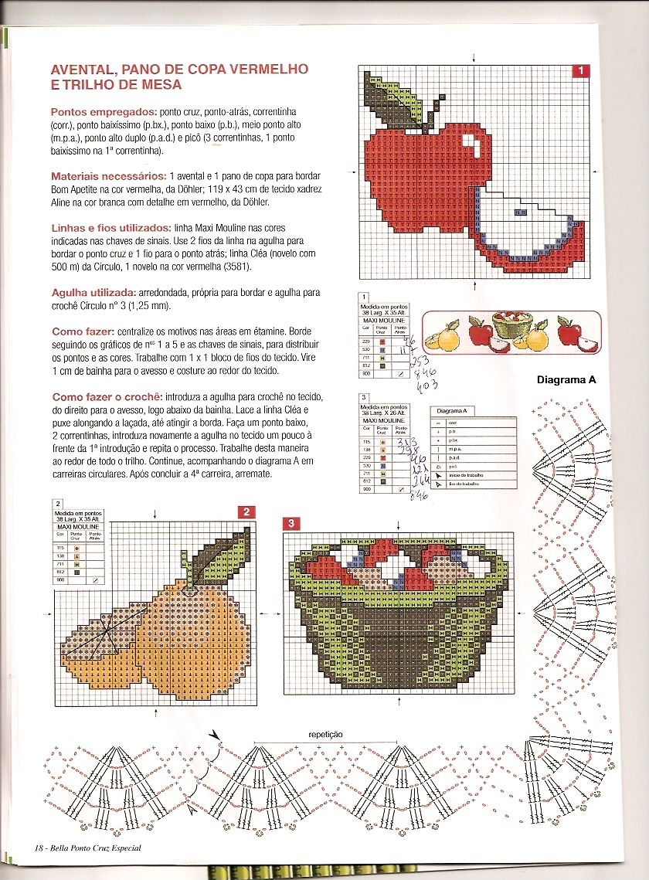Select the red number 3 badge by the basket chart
pos(291,524)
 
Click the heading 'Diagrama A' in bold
pos(566,379)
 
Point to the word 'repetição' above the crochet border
pos(325,734)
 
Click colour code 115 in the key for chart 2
pos(60,547)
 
